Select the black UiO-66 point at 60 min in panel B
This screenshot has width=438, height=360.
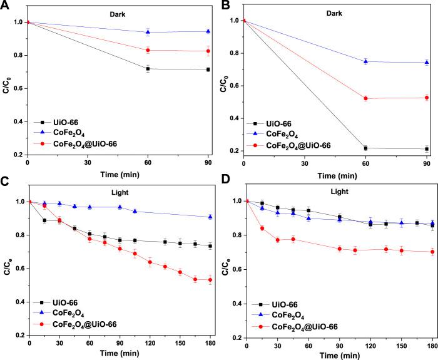pyautogui.click(x=365, y=148)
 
